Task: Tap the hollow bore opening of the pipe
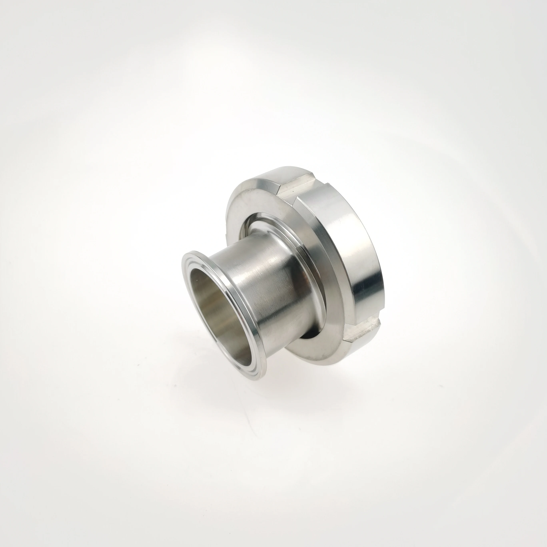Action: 215,306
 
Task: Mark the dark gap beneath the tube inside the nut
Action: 309,334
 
